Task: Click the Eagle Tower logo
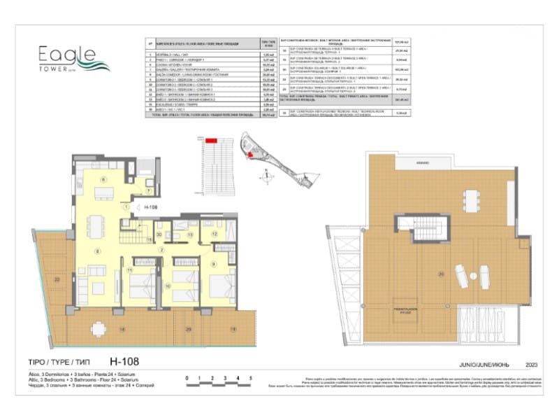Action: click(67, 56)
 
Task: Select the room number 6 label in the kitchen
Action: click(103, 181)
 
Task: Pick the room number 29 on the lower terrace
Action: click(188, 329)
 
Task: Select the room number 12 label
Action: click(215, 234)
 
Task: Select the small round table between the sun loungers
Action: click(470, 276)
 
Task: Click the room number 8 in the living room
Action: click(98, 251)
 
